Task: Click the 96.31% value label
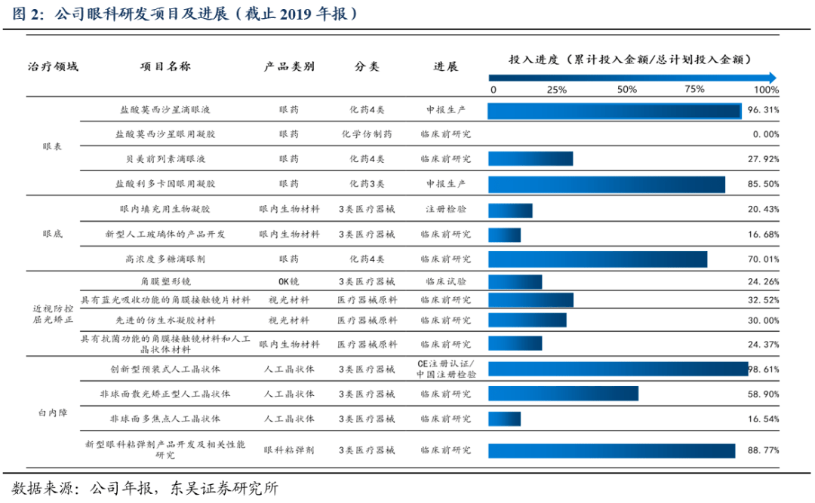coord(762,110)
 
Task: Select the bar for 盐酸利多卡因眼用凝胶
coord(606,184)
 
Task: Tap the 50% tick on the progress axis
coord(627,90)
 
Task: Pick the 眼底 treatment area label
coord(53,235)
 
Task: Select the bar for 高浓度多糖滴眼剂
coord(597,259)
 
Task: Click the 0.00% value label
coord(765,134)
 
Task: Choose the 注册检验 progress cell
coord(445,209)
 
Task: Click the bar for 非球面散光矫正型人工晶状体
coord(563,394)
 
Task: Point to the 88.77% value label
coord(762,450)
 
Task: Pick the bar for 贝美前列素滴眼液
coord(530,159)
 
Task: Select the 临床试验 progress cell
coord(445,282)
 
